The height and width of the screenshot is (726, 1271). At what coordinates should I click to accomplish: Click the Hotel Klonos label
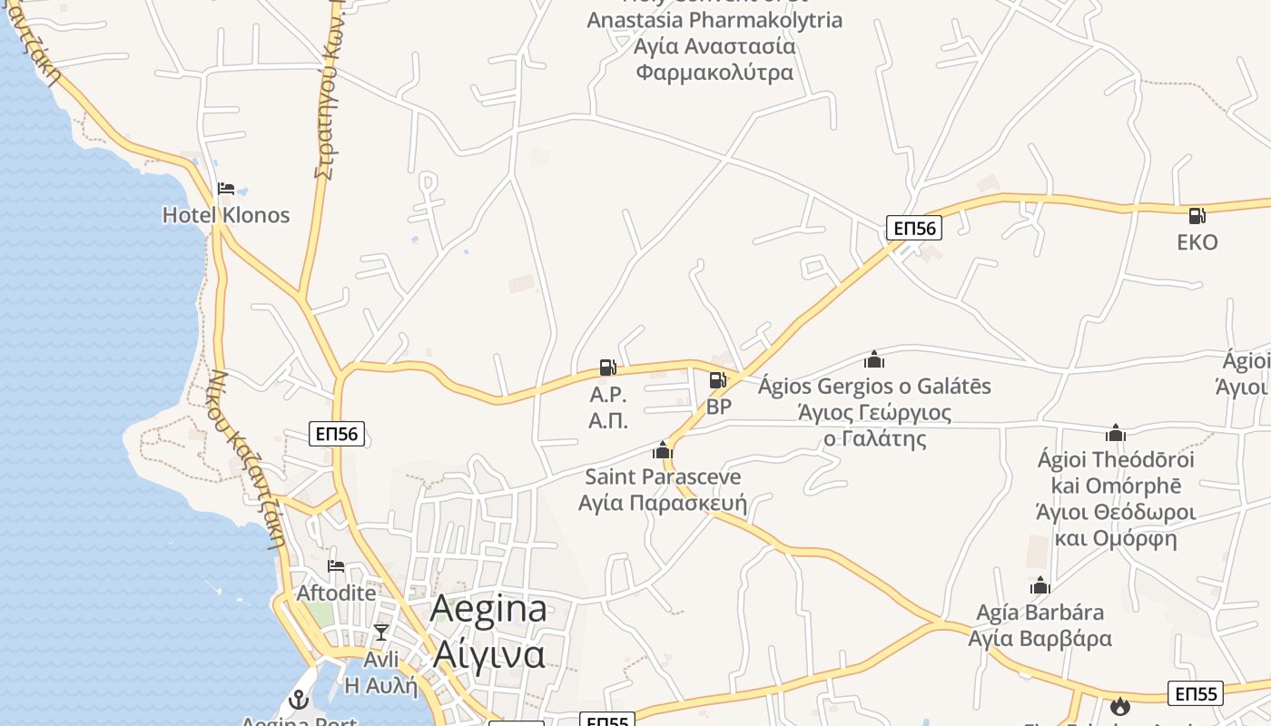pos(226,215)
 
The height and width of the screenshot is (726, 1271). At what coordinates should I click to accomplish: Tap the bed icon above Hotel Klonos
pos(226,189)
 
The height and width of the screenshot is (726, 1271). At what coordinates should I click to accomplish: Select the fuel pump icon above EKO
pos(1197,216)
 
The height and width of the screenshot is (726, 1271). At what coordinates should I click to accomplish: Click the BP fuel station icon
pos(717,380)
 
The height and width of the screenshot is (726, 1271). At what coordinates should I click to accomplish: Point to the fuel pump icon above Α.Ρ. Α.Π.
pos(608,368)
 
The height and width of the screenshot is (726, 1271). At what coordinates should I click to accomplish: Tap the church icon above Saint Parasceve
pos(663,450)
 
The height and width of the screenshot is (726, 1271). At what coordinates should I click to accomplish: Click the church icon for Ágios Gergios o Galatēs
pos(874,359)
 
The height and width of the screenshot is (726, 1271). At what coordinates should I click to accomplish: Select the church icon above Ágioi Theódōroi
pos(1116,433)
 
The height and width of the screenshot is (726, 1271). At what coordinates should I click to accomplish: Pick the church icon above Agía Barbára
pos(1040,585)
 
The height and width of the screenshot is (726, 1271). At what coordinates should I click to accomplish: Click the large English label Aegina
pos(488,609)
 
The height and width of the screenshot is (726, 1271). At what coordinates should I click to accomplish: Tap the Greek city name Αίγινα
pos(488,653)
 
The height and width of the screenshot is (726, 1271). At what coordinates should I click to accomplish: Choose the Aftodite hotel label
pos(336,593)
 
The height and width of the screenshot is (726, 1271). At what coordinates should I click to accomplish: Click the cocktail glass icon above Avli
pos(381,633)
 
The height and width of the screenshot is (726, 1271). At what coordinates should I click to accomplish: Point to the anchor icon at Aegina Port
pos(298,700)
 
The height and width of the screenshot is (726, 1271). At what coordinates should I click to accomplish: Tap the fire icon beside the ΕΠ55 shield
pos(1120,705)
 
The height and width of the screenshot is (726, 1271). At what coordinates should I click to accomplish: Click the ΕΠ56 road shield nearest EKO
pos(914,228)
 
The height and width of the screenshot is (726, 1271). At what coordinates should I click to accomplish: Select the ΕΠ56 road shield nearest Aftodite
pos(338,434)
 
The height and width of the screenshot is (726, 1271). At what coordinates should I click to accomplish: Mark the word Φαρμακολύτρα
pos(715,73)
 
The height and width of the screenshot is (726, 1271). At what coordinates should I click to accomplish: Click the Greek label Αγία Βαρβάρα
pos(1040,639)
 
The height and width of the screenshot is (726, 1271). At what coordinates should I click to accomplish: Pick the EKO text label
pos(1197,242)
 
